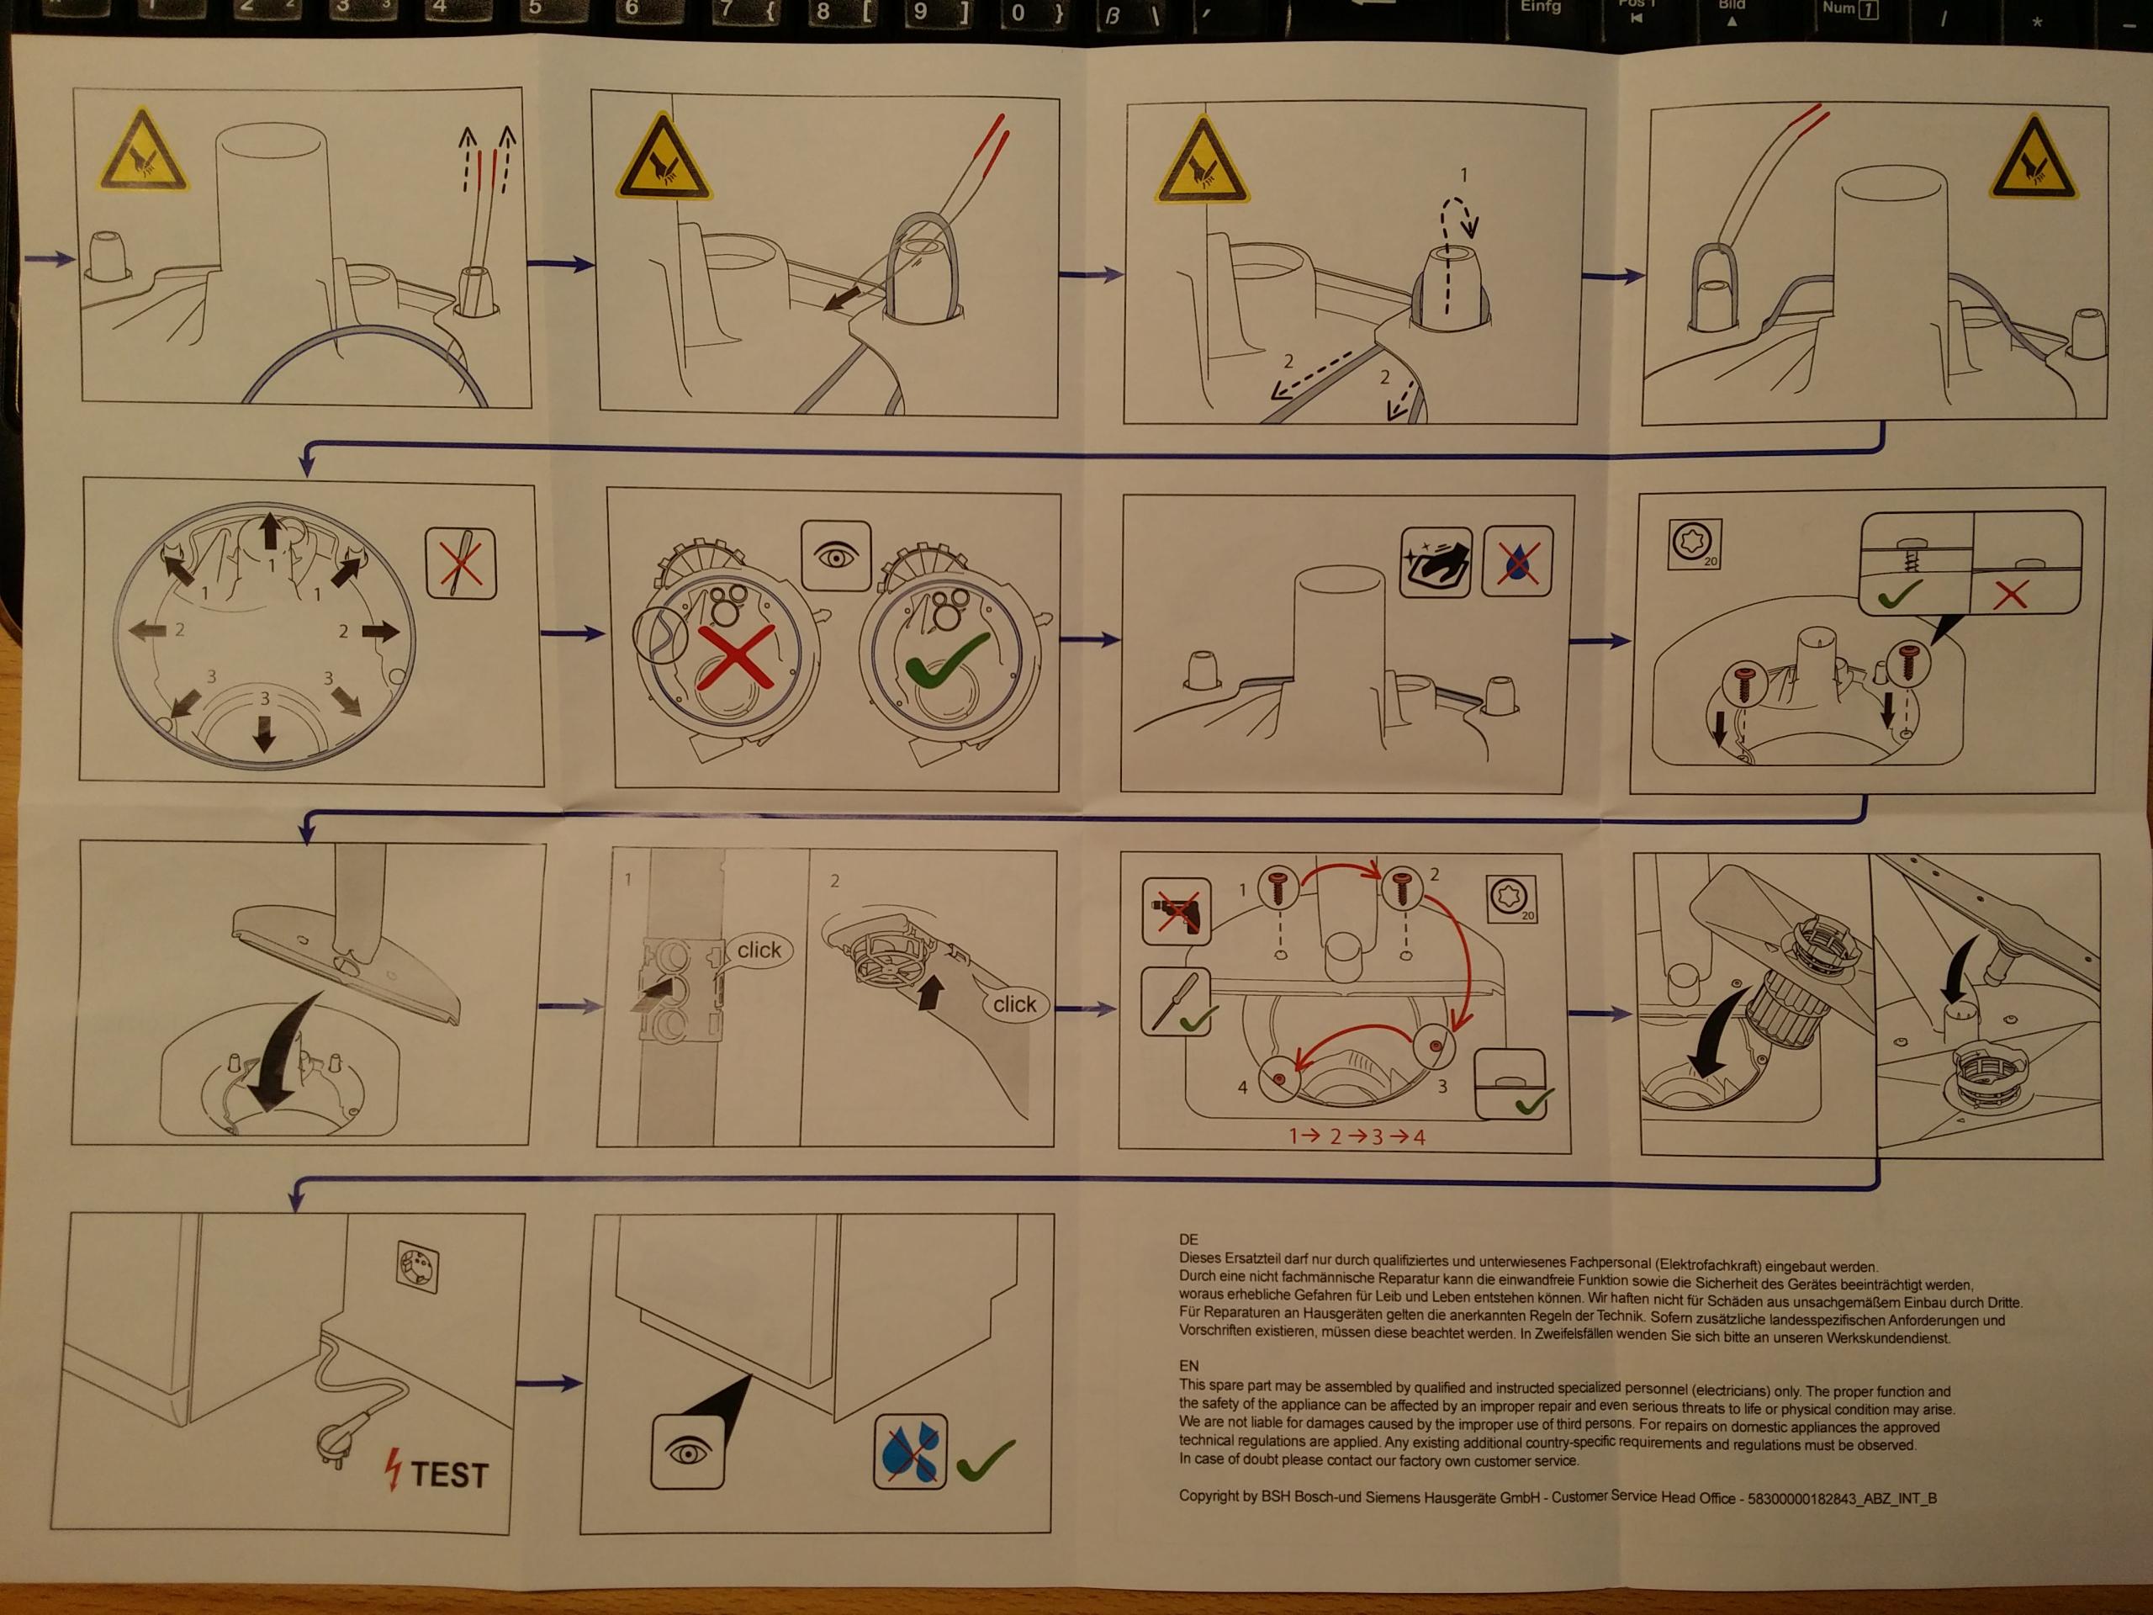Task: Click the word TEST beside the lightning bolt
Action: coord(449,1475)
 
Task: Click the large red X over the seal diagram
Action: coord(736,657)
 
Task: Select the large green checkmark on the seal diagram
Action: coord(945,660)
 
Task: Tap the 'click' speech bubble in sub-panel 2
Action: coord(1014,1003)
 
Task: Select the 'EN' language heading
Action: coord(1188,1366)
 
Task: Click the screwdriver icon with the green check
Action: coord(1177,1001)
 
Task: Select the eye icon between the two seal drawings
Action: coord(836,556)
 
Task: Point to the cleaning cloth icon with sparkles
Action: coord(1435,563)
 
